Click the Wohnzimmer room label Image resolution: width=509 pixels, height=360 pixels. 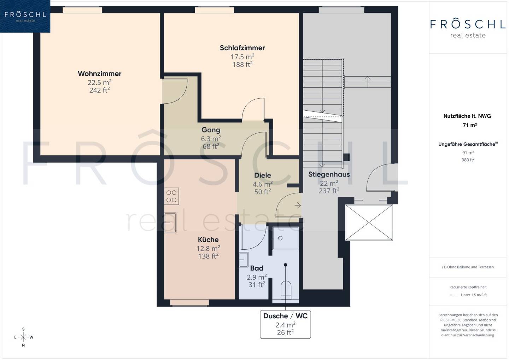pyautogui.click(x=100, y=74)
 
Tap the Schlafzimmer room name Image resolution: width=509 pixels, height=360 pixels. pyautogui.click(x=242, y=48)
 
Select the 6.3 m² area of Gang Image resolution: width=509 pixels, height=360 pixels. pyautogui.click(x=211, y=138)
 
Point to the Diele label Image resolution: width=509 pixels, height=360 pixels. pyautogui.click(x=262, y=175)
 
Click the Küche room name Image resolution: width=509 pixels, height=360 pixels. pyautogui.click(x=208, y=239)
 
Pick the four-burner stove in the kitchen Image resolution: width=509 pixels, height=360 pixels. pyautogui.click(x=171, y=196)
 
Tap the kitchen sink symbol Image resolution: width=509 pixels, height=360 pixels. pyautogui.click(x=170, y=223)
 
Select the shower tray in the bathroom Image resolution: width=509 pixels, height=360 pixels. pyautogui.click(x=285, y=238)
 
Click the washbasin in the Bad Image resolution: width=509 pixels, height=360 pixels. pyautogui.click(x=244, y=259)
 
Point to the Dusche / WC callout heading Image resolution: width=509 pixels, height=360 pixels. pyautogui.click(x=285, y=316)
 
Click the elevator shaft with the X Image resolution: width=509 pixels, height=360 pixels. pyautogui.click(x=369, y=223)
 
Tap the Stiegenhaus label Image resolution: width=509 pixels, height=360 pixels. pyautogui.click(x=329, y=174)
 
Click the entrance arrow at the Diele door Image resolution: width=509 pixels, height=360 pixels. pyautogui.click(x=298, y=205)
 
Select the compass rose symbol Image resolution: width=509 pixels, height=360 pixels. pyautogui.click(x=23, y=337)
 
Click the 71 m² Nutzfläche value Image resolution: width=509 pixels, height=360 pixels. pyautogui.click(x=470, y=125)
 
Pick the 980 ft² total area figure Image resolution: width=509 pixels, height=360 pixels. pyautogui.click(x=468, y=160)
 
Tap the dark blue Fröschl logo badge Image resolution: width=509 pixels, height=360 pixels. pyautogui.click(x=25, y=16)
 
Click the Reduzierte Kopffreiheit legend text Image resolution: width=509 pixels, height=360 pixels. pyautogui.click(x=468, y=287)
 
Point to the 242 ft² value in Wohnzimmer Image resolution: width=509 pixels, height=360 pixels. pyautogui.click(x=100, y=90)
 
